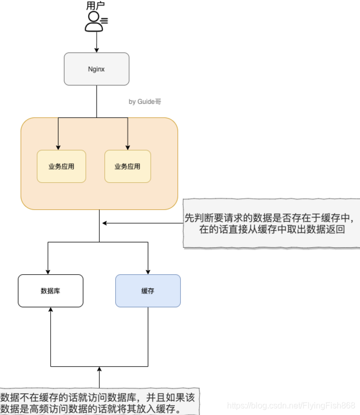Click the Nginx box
pyautogui.click(x=96, y=69)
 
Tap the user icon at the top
pyautogui.click(x=95, y=21)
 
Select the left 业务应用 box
pyautogui.click(x=61, y=166)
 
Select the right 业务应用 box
pyautogui.click(x=127, y=166)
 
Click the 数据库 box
pyautogui.click(x=50, y=290)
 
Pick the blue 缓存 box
pyautogui.click(x=148, y=290)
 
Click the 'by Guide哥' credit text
pyautogui.click(x=145, y=102)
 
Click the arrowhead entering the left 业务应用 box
pyautogui.click(x=58, y=147)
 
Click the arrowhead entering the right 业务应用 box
pyautogui.click(x=127, y=147)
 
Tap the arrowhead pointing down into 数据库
pyautogui.click(x=48, y=271)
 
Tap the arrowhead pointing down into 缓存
pyautogui.click(x=148, y=271)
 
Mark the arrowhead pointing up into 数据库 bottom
pyautogui.click(x=50, y=310)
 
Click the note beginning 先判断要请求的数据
pyautogui.click(x=272, y=223)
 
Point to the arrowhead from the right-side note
pyautogui.click(x=104, y=223)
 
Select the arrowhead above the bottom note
pyautogui.click(x=99, y=369)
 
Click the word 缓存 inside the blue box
pyautogui.click(x=148, y=291)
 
